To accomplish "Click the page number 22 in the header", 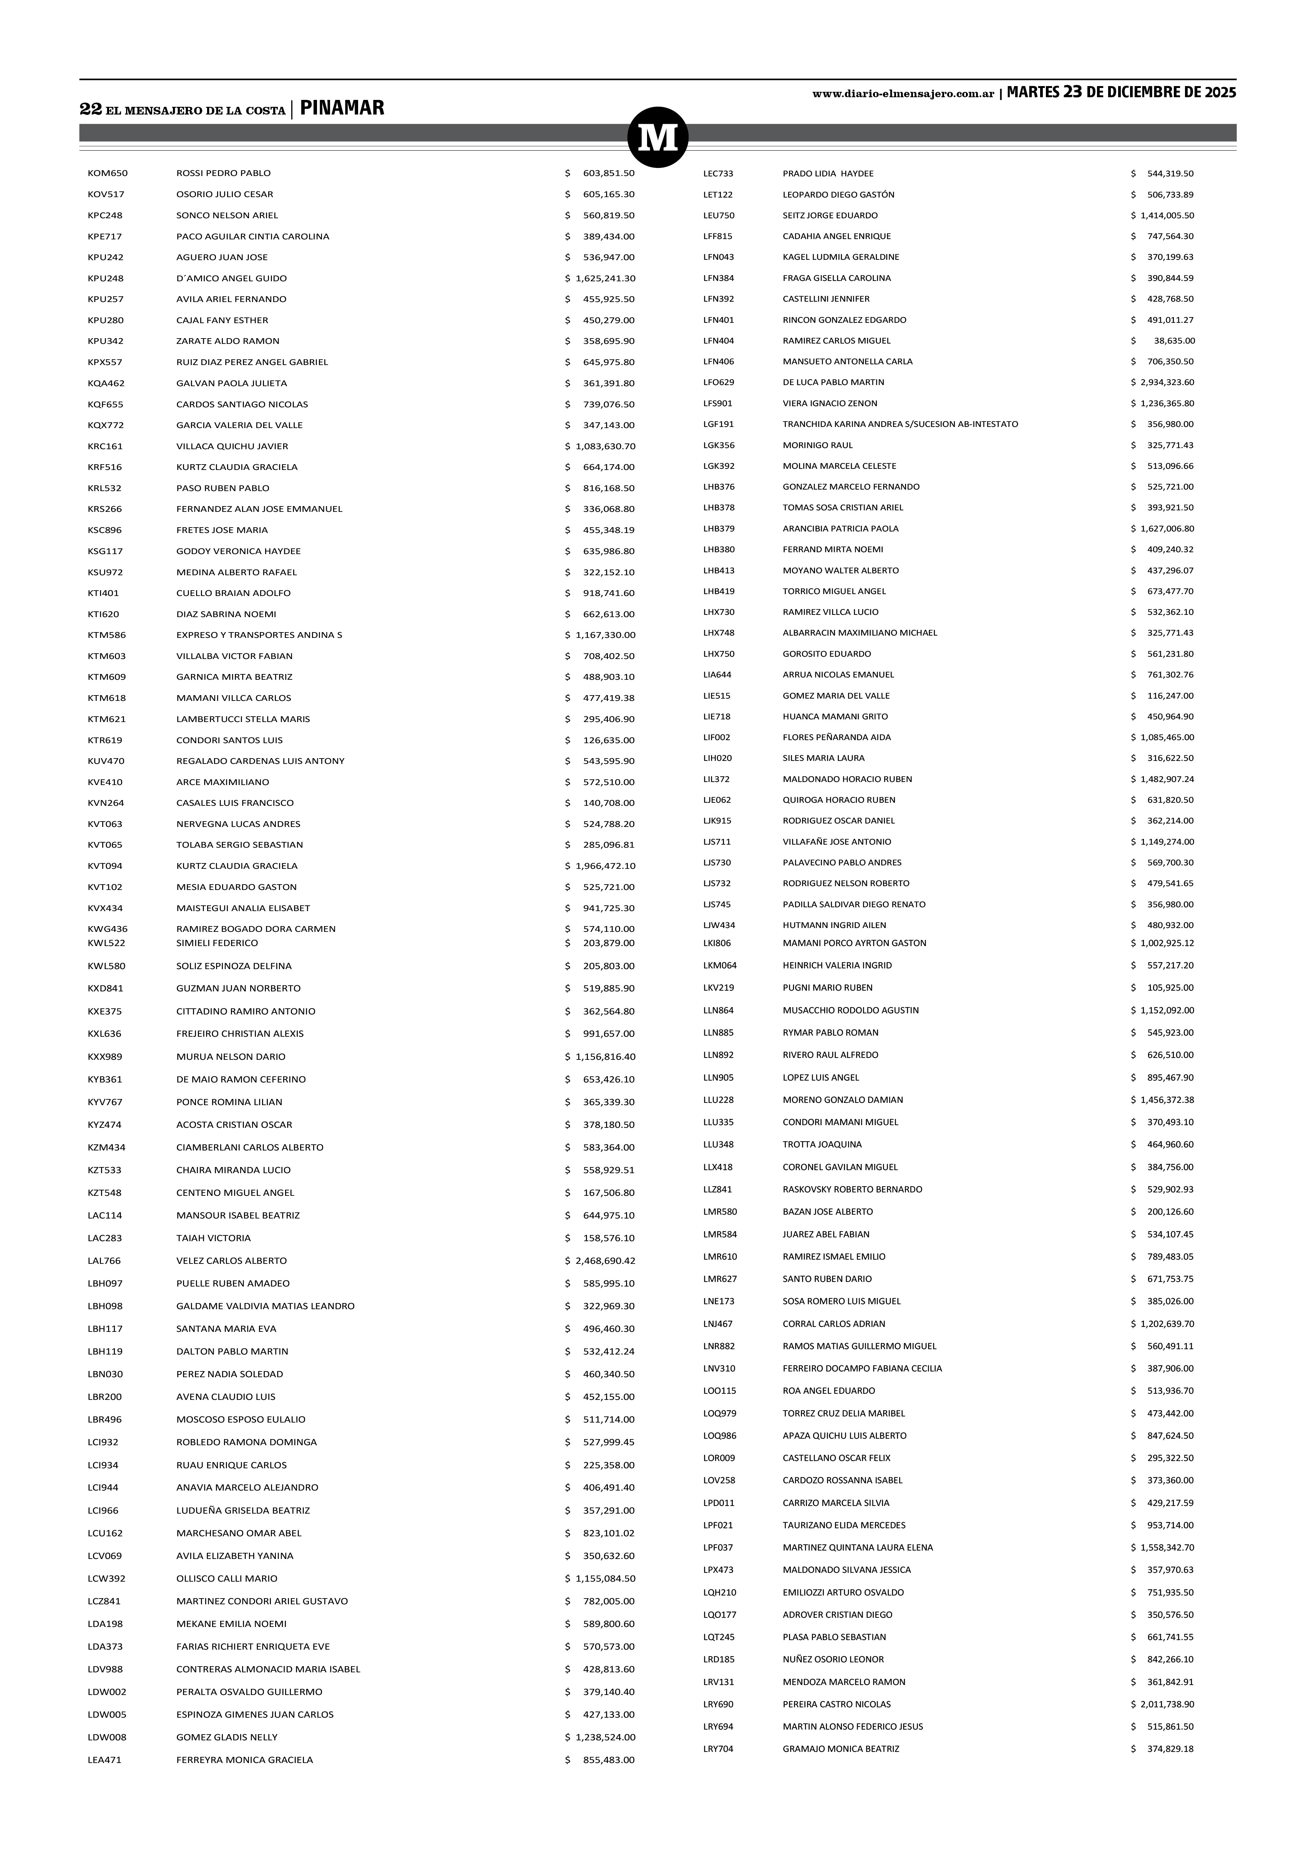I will pyautogui.click(x=90, y=110).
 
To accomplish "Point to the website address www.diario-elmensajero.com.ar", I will pyautogui.click(x=903, y=94).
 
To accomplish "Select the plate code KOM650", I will pyautogui.click(x=108, y=173).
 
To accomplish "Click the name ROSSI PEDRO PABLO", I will pyautogui.click(x=224, y=173).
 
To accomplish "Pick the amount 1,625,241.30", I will pyautogui.click(x=605, y=278).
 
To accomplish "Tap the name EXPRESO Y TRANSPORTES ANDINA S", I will pyautogui.click(x=259, y=635).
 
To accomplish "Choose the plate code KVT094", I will pyautogui.click(x=105, y=866).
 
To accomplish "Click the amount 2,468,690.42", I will pyautogui.click(x=605, y=1260).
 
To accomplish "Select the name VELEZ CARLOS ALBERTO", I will pyautogui.click(x=232, y=1260).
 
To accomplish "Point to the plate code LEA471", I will pyautogui.click(x=105, y=1760).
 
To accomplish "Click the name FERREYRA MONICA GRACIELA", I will pyautogui.click(x=245, y=1760).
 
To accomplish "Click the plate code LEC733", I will pyautogui.click(x=718, y=173).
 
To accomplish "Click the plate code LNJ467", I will pyautogui.click(x=718, y=1324).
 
